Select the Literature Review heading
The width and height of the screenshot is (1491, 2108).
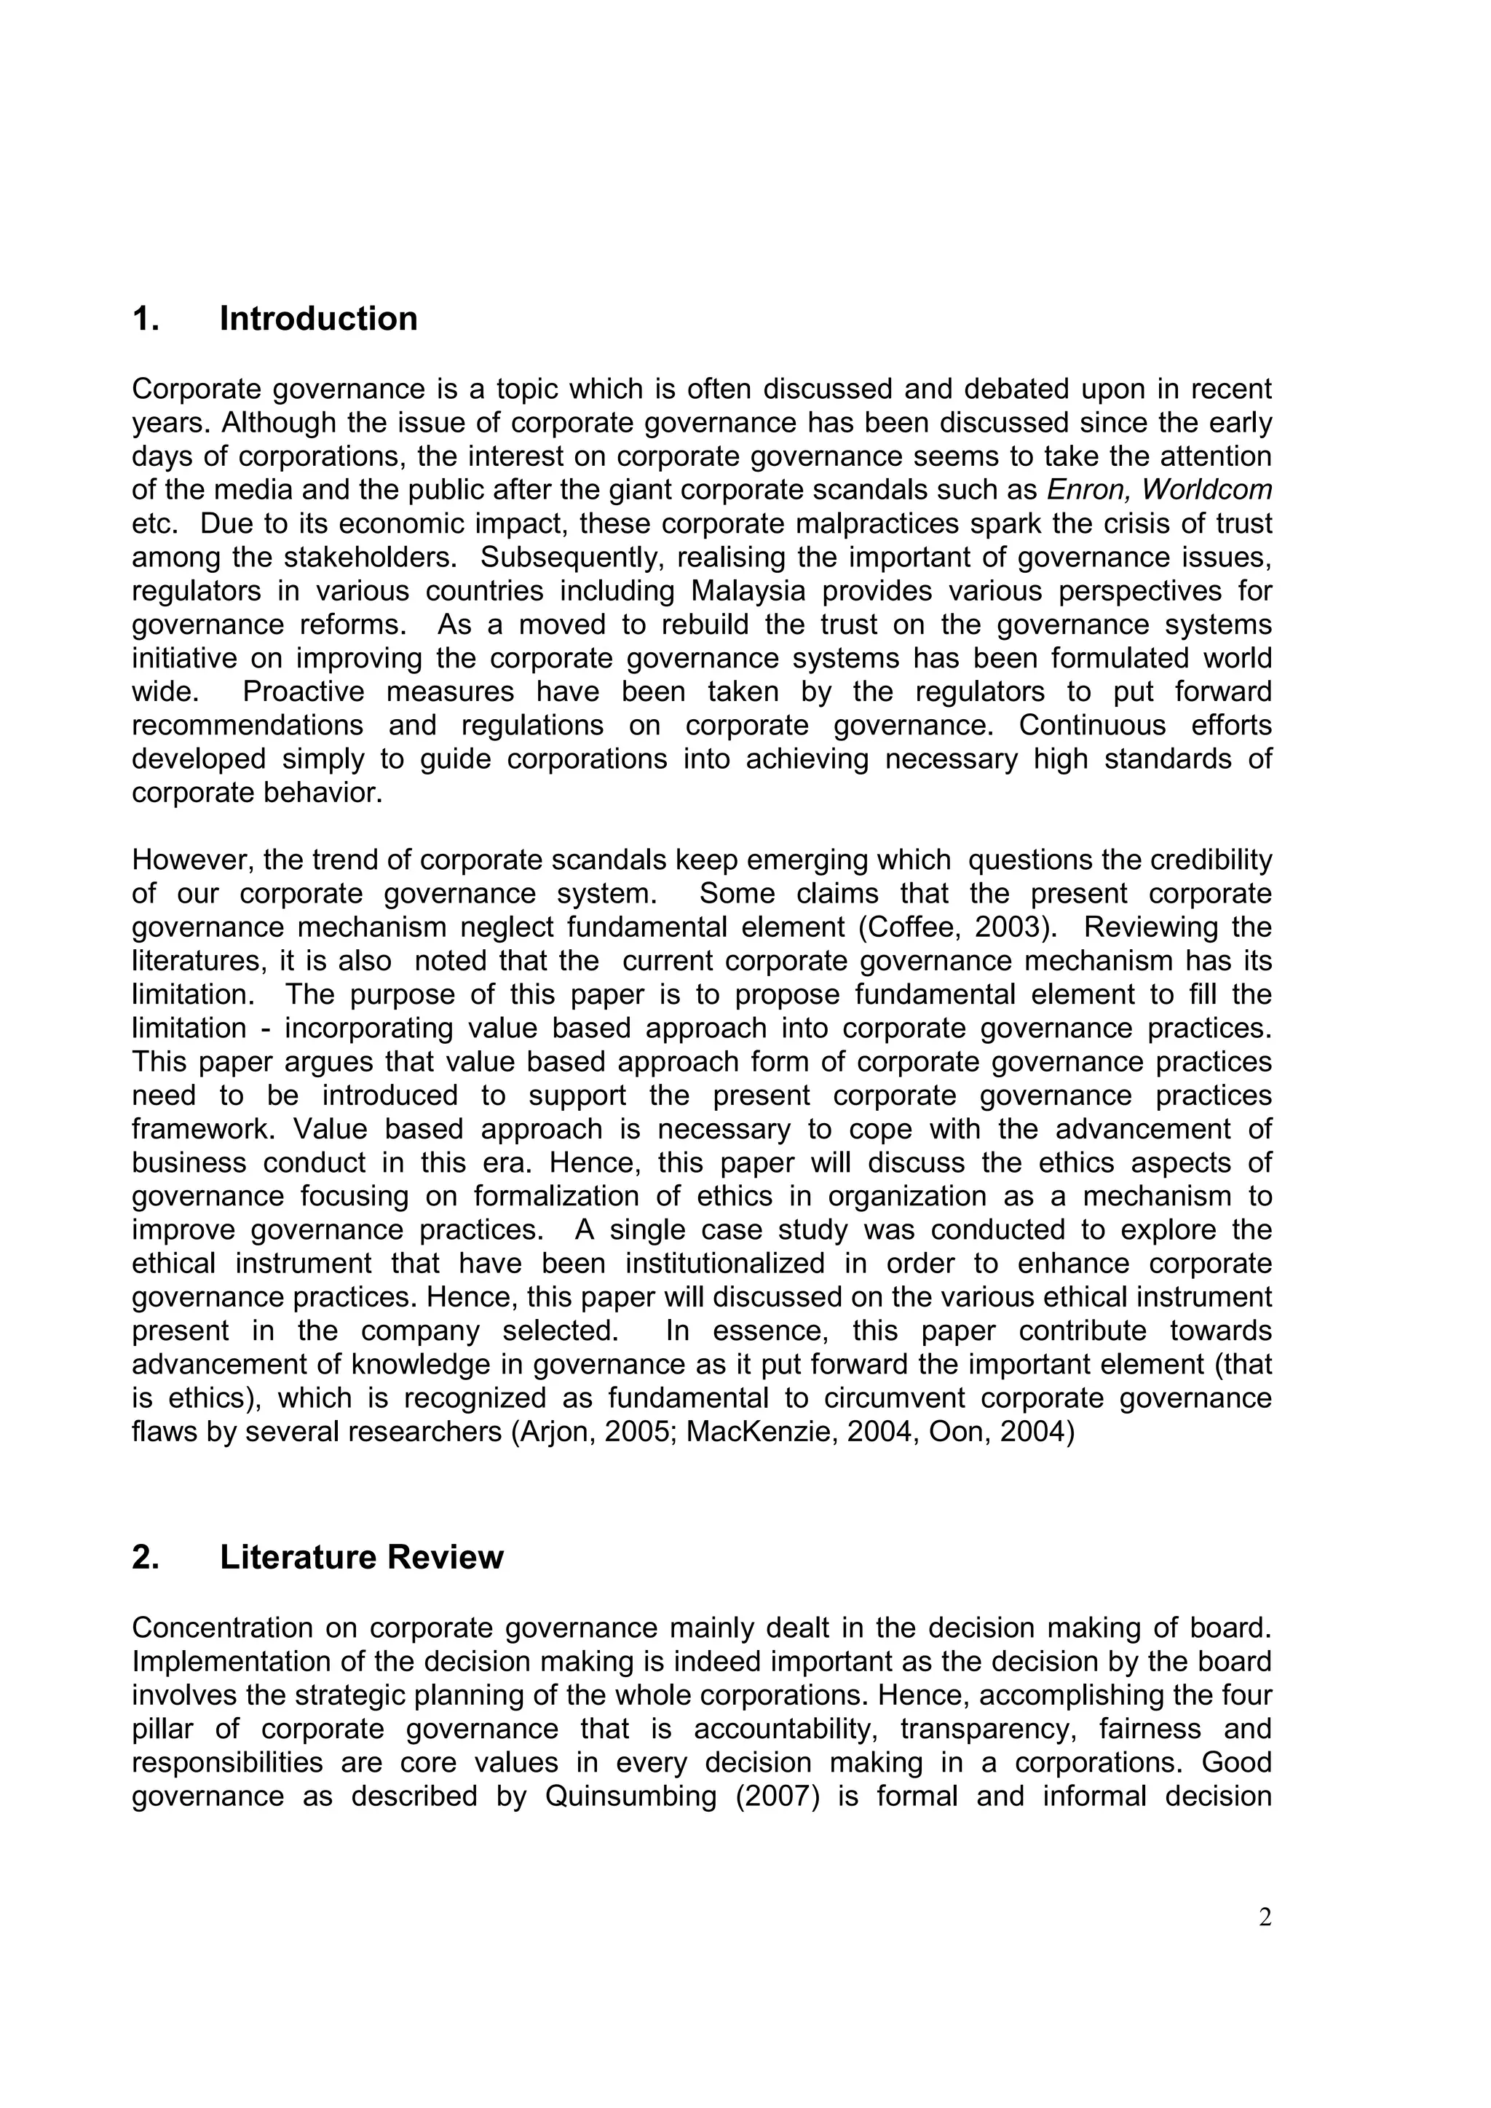coord(361,1557)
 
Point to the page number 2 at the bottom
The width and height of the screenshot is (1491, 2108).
coord(1265,1917)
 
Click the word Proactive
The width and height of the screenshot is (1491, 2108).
coord(303,692)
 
